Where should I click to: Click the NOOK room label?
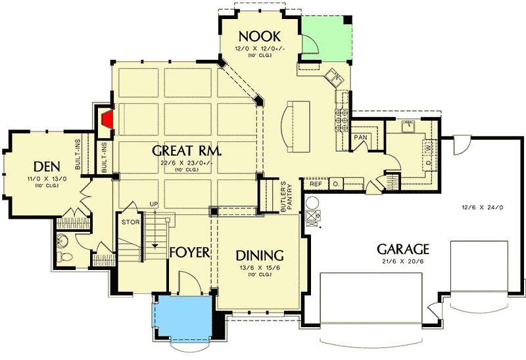coord(260,35)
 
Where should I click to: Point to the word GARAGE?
coord(402,250)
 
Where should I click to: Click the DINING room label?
coord(260,255)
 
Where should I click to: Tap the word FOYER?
coord(189,253)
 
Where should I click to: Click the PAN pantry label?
coord(360,138)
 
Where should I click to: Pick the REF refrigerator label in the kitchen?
coord(316,184)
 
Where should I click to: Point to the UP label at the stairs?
coord(155,204)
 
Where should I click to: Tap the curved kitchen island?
coord(295,126)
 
